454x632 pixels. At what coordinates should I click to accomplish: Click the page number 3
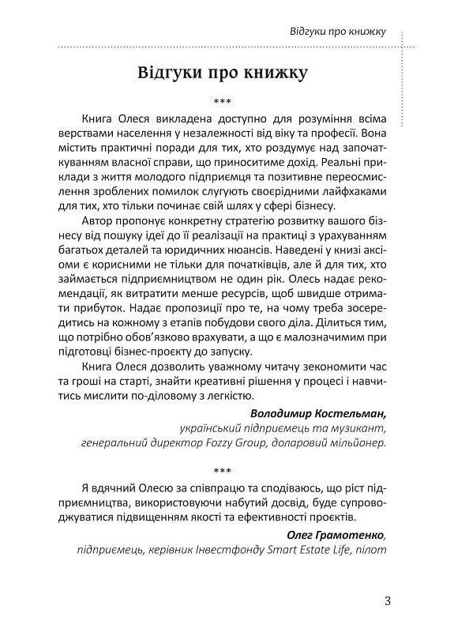click(387, 600)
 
